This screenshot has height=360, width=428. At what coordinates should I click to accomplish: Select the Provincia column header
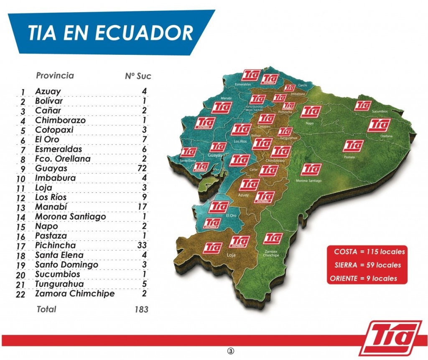tap(55, 76)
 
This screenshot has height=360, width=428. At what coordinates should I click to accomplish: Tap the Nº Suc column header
tap(138, 76)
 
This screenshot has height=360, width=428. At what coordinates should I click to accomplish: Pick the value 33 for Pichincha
tap(142, 245)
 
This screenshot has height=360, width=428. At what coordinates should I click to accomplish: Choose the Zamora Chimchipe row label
tap(74, 294)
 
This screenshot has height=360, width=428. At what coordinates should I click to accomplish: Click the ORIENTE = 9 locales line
tap(363, 278)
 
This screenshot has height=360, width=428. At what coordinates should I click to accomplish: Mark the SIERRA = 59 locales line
tap(368, 265)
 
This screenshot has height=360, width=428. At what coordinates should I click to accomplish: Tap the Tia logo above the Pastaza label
tap(353, 146)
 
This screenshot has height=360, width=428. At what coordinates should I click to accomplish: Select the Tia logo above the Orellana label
tap(379, 125)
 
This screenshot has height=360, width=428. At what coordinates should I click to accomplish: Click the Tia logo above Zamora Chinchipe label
tap(273, 238)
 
